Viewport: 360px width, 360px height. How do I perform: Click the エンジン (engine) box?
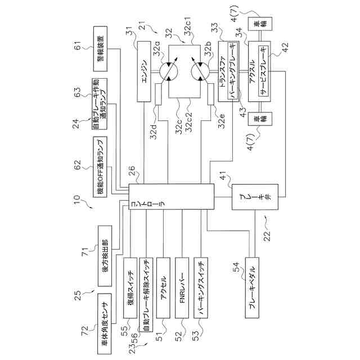point(144,71)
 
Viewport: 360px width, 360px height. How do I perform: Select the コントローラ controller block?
point(171,196)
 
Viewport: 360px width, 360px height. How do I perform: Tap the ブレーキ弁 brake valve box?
point(255,197)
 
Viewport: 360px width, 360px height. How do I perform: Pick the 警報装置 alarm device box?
point(100,49)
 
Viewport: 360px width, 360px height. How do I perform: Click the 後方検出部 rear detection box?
point(105,256)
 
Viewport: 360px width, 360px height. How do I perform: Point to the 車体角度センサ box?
point(105,324)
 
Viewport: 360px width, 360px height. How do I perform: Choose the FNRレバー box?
point(182,287)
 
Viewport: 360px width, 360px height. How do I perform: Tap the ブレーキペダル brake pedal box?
point(252,287)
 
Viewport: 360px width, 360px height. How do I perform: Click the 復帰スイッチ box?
point(130,287)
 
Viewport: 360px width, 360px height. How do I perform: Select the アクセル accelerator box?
point(163,287)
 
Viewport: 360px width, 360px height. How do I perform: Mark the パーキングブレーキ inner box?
point(232,71)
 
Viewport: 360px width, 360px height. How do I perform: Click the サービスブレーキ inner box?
point(263,71)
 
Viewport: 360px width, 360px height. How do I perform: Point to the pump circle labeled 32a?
point(169,71)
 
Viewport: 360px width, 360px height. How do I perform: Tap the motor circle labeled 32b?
point(200,71)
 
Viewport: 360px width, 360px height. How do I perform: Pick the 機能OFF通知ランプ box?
point(100,167)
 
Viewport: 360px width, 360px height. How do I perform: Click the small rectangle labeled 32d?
point(159,94)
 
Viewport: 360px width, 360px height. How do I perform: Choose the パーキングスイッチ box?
point(201,287)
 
